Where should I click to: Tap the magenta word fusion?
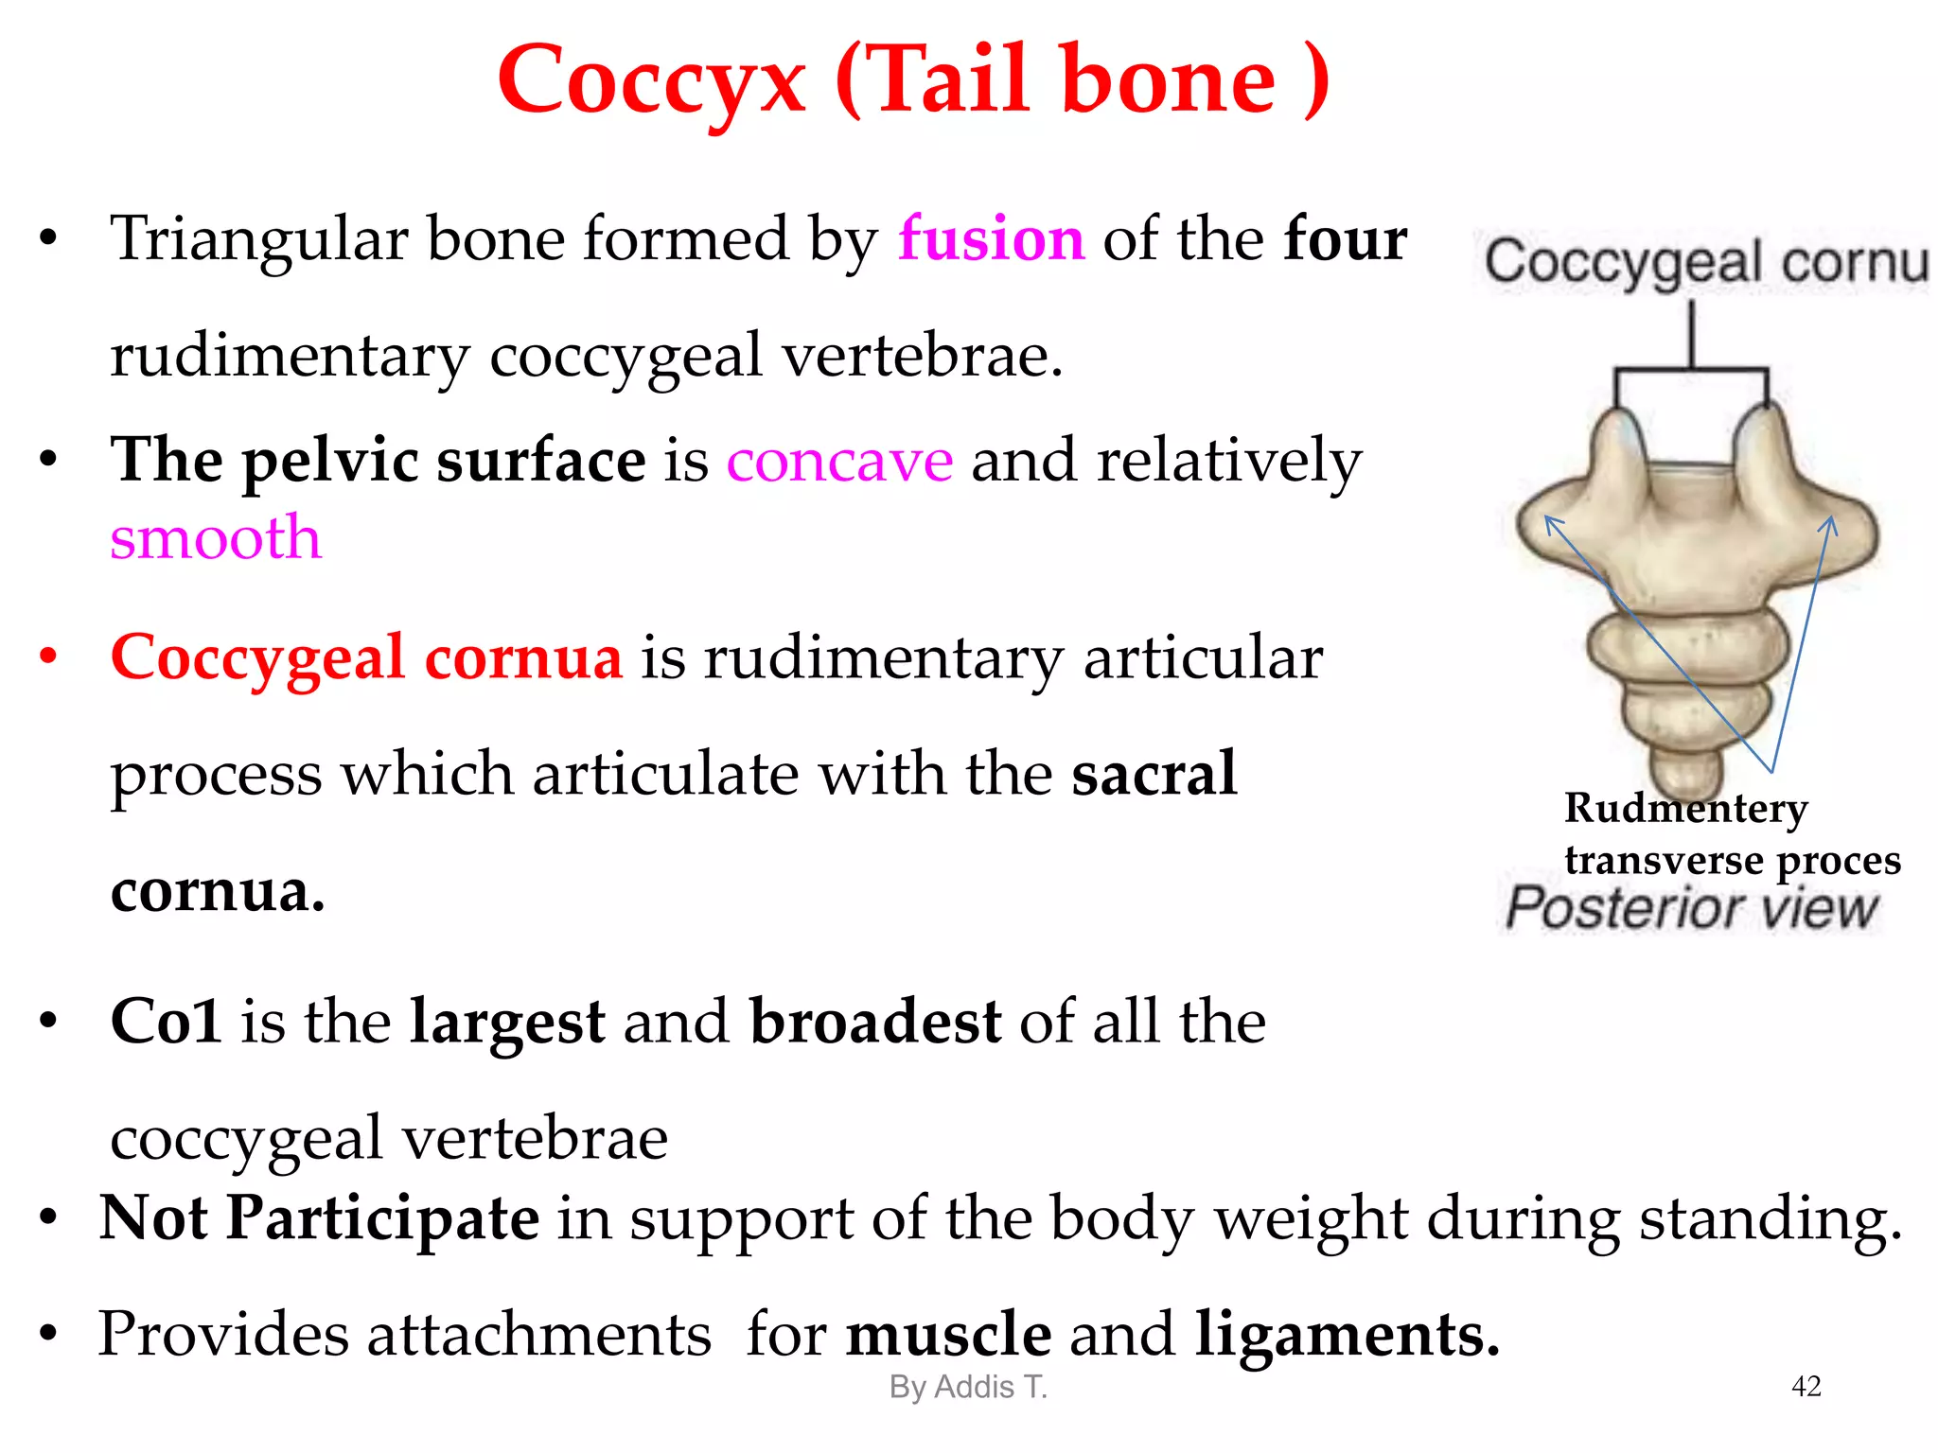[991, 238]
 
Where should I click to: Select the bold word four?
[1345, 238]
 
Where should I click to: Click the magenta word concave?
[839, 461]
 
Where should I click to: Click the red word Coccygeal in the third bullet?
[257, 657]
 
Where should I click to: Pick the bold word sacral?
[1154, 774]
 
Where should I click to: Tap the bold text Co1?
[166, 1022]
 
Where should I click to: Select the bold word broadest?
[875, 1022]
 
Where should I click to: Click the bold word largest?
[507, 1022]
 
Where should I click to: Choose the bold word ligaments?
[1347, 1334]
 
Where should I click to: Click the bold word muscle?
[948, 1334]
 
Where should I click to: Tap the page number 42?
[1806, 1386]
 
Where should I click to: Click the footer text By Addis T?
[968, 1387]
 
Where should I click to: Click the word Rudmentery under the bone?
[1685, 809]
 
